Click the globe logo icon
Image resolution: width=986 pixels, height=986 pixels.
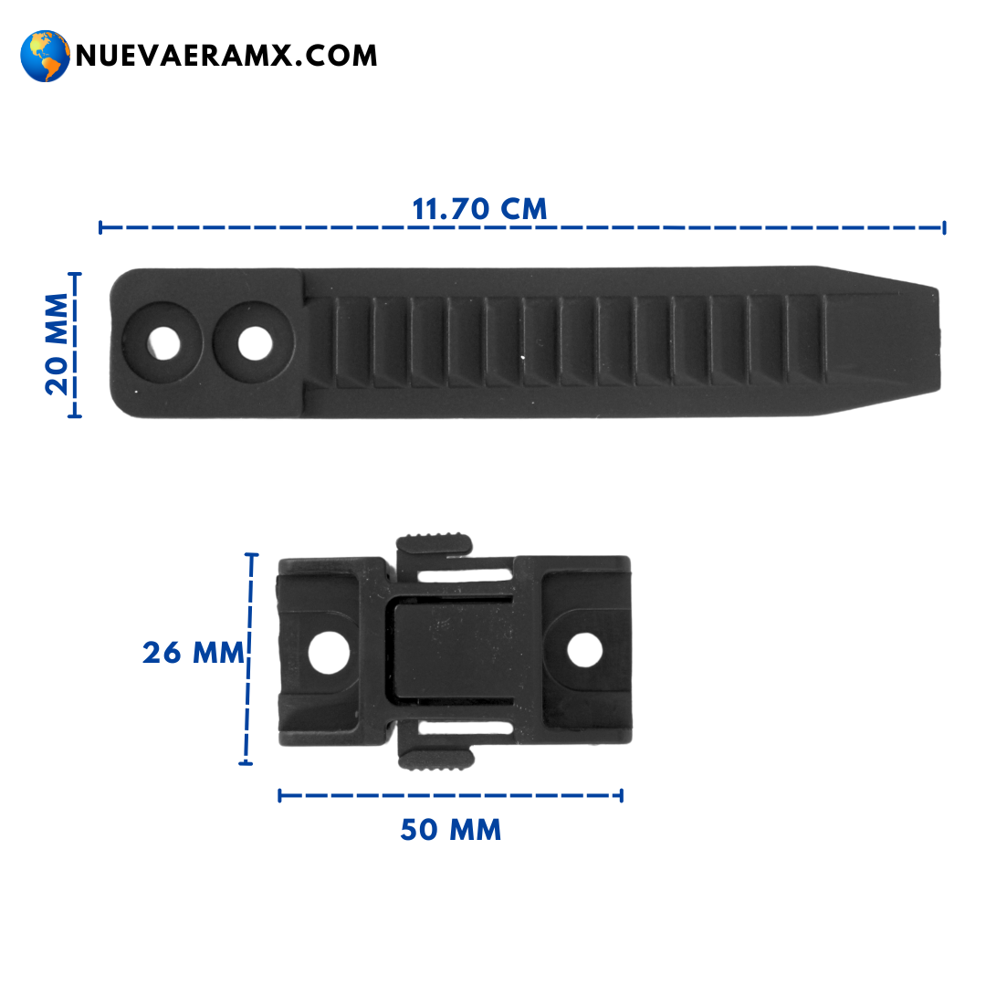click(x=45, y=56)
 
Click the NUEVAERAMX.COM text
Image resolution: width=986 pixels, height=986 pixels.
click(x=226, y=56)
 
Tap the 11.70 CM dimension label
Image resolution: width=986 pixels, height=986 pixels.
click(x=479, y=209)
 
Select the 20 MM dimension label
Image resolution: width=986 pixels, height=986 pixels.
click(x=57, y=344)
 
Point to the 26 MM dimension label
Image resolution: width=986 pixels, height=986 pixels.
click(x=193, y=653)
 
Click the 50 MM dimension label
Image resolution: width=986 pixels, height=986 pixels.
click(x=451, y=829)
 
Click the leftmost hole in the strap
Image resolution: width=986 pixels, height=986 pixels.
click(x=164, y=343)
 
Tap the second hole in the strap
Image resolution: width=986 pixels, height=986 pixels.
click(x=256, y=343)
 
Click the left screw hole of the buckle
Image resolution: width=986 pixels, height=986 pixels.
click(x=329, y=652)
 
